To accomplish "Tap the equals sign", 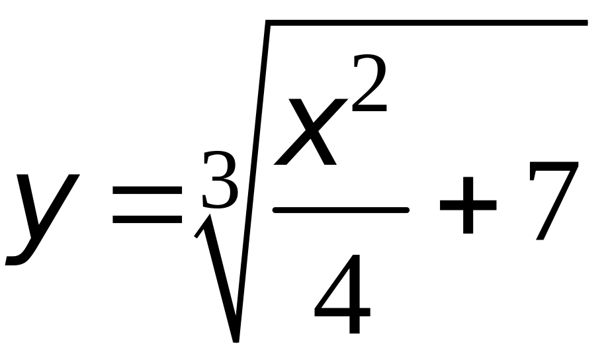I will point(147,206).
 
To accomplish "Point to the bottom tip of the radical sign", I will point(236,339).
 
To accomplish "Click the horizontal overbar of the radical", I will point(423,24).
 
